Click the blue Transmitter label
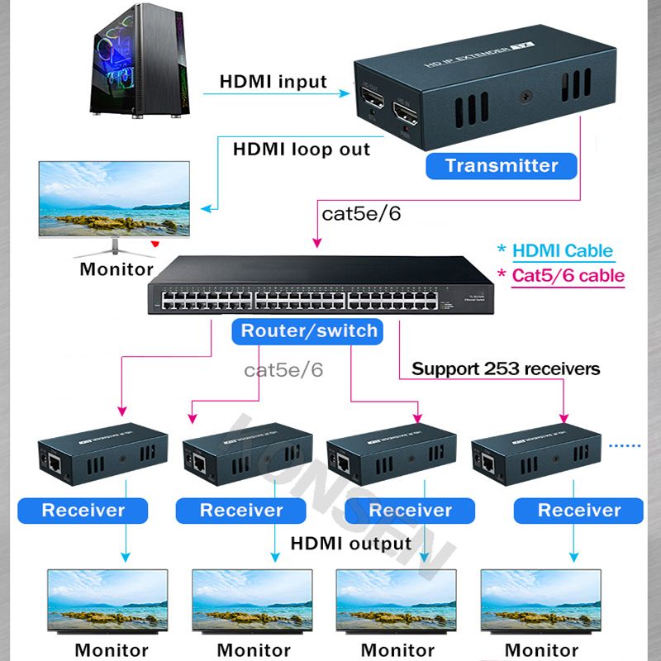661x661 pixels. pos(502,165)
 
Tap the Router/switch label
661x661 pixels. pos(308,331)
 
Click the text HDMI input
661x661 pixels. pos(273,83)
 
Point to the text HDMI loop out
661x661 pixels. pos(301,150)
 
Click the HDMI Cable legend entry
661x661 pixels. pos(563,251)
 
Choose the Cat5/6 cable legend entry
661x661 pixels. pos(568,276)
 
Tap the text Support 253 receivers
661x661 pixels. pos(506,369)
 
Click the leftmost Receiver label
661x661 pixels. pos(83,510)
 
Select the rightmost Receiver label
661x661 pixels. pos(578,510)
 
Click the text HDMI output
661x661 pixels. pos(350,543)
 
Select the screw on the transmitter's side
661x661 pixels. pos(525,97)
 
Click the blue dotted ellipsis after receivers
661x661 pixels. pos(625,445)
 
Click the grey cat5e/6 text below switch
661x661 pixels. pos(283,369)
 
